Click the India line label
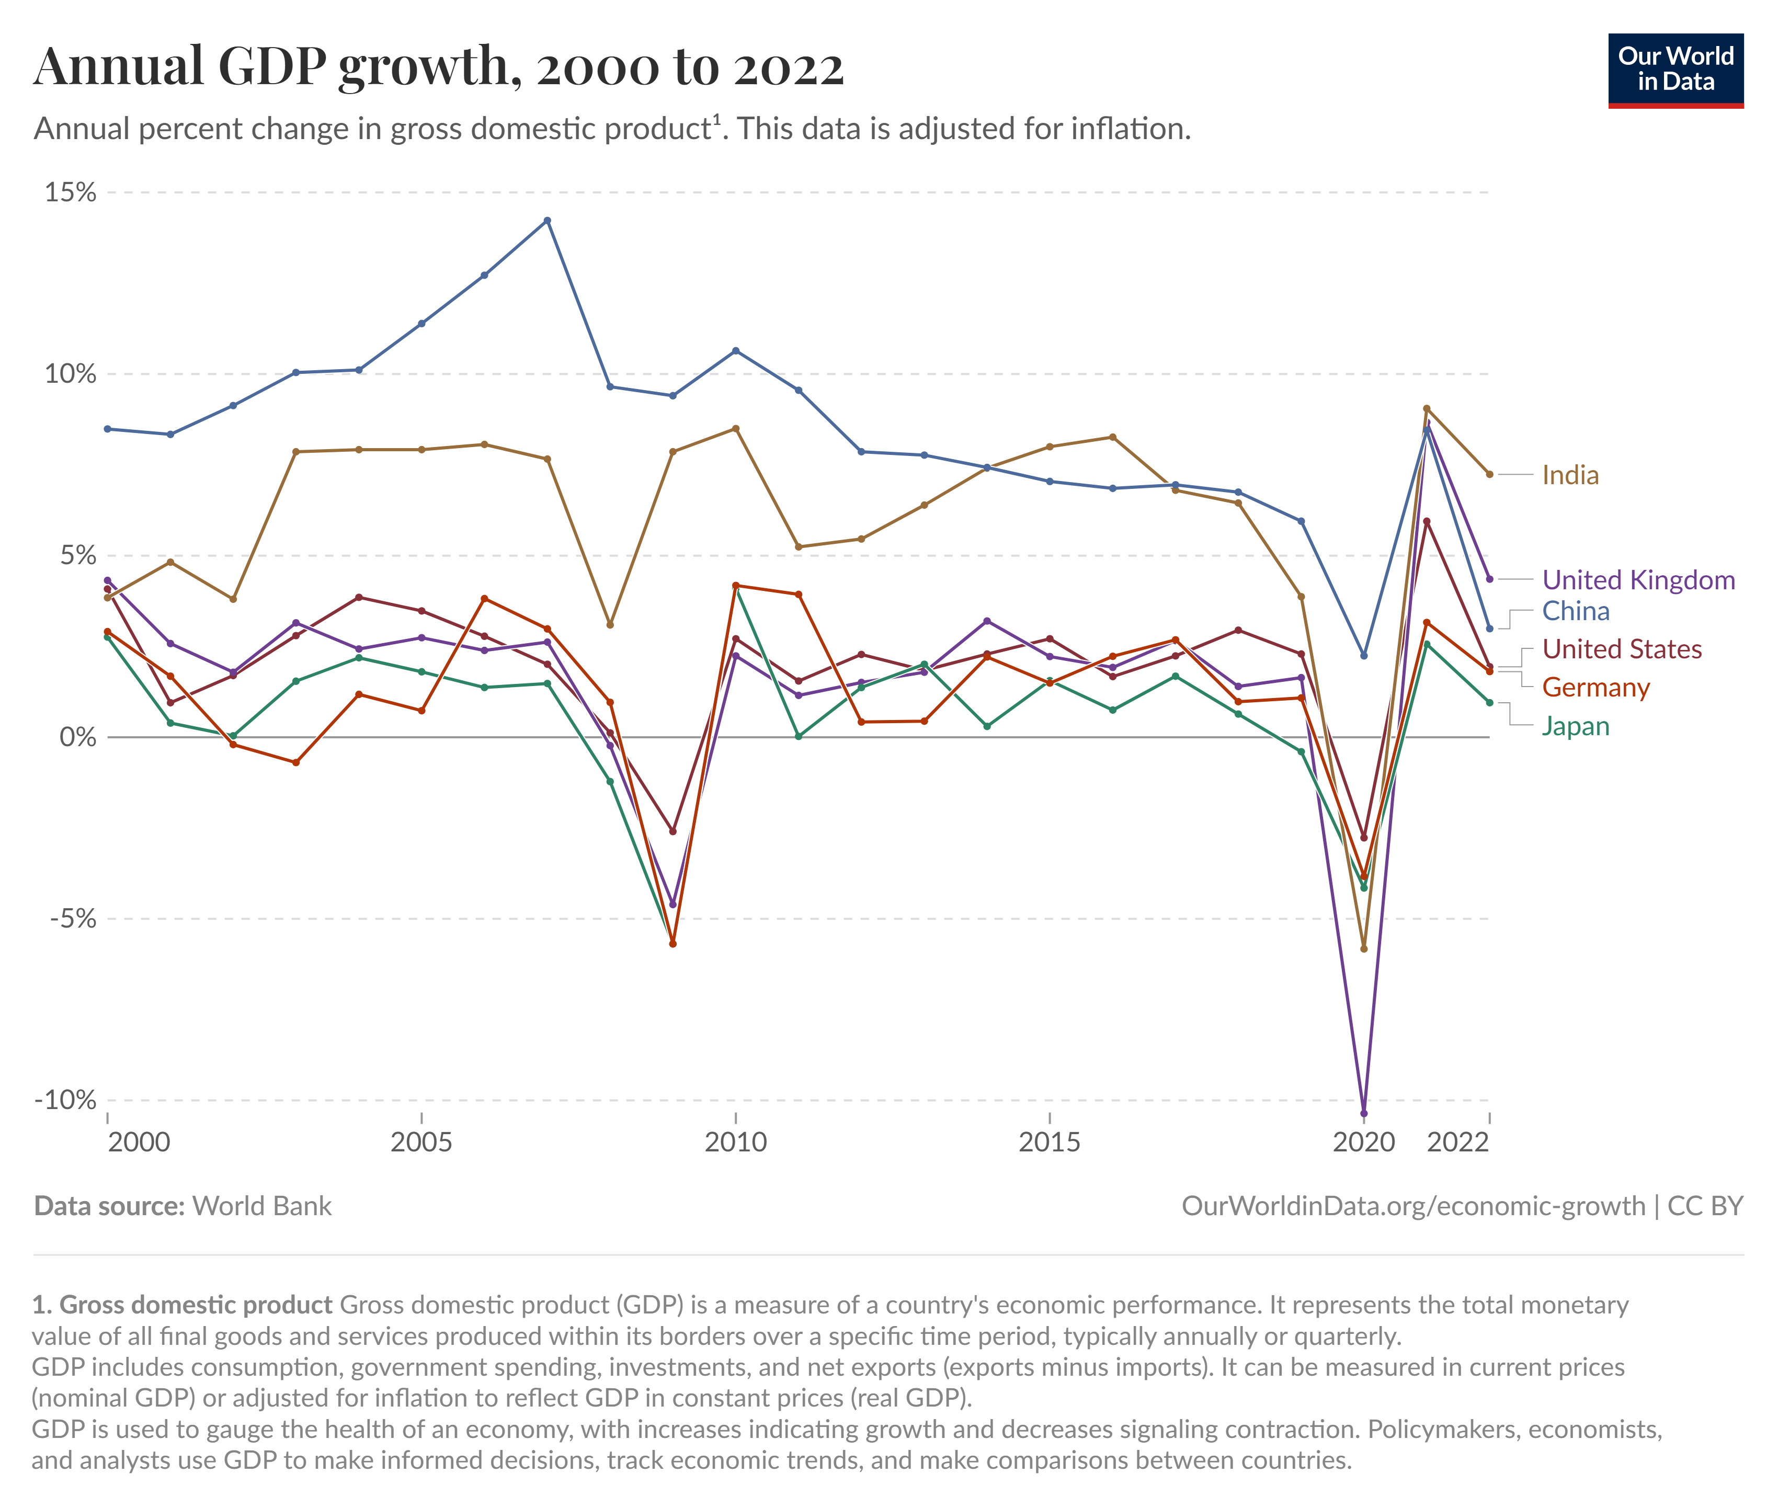click(x=1569, y=475)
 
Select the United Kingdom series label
click(x=1638, y=579)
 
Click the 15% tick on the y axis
click(x=70, y=192)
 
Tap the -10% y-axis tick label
click(x=65, y=1100)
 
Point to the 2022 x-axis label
click(x=1457, y=1142)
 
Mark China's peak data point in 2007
click(x=547, y=221)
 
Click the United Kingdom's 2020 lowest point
click(x=1363, y=1114)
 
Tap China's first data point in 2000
click(x=107, y=428)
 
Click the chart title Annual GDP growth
click(x=438, y=67)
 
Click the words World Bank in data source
click(x=261, y=1206)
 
